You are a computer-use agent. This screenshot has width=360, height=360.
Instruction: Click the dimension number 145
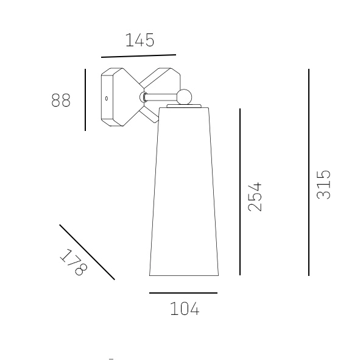140,40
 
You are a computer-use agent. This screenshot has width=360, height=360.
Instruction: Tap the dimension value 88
61,100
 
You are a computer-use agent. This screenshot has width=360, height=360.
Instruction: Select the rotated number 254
255,197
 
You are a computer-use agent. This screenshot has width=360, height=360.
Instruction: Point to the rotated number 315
323,185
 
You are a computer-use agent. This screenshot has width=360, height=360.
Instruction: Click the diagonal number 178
74,262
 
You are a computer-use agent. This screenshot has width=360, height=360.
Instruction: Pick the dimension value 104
185,309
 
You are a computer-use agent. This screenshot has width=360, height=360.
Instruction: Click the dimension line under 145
138,56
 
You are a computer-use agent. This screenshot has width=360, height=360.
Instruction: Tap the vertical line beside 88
85,100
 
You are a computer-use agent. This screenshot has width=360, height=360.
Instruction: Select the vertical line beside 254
240,192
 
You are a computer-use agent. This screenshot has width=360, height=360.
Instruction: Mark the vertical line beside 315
309,172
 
